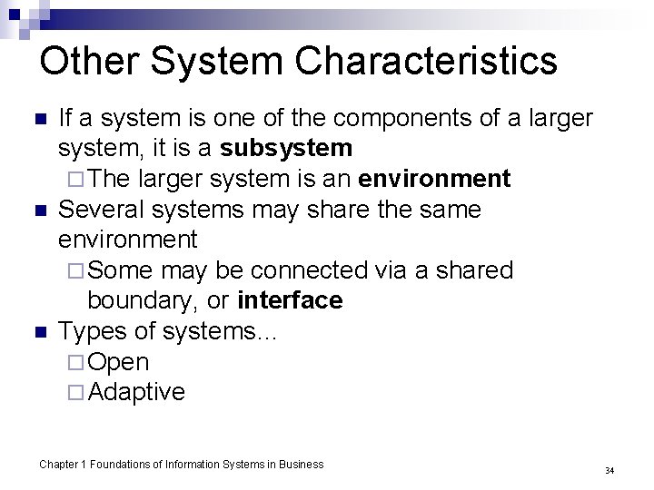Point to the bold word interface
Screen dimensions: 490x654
pos(289,300)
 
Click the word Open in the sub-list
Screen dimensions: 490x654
pos(120,361)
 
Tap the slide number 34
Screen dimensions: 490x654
pos(609,471)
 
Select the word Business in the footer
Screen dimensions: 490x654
pos(300,465)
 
